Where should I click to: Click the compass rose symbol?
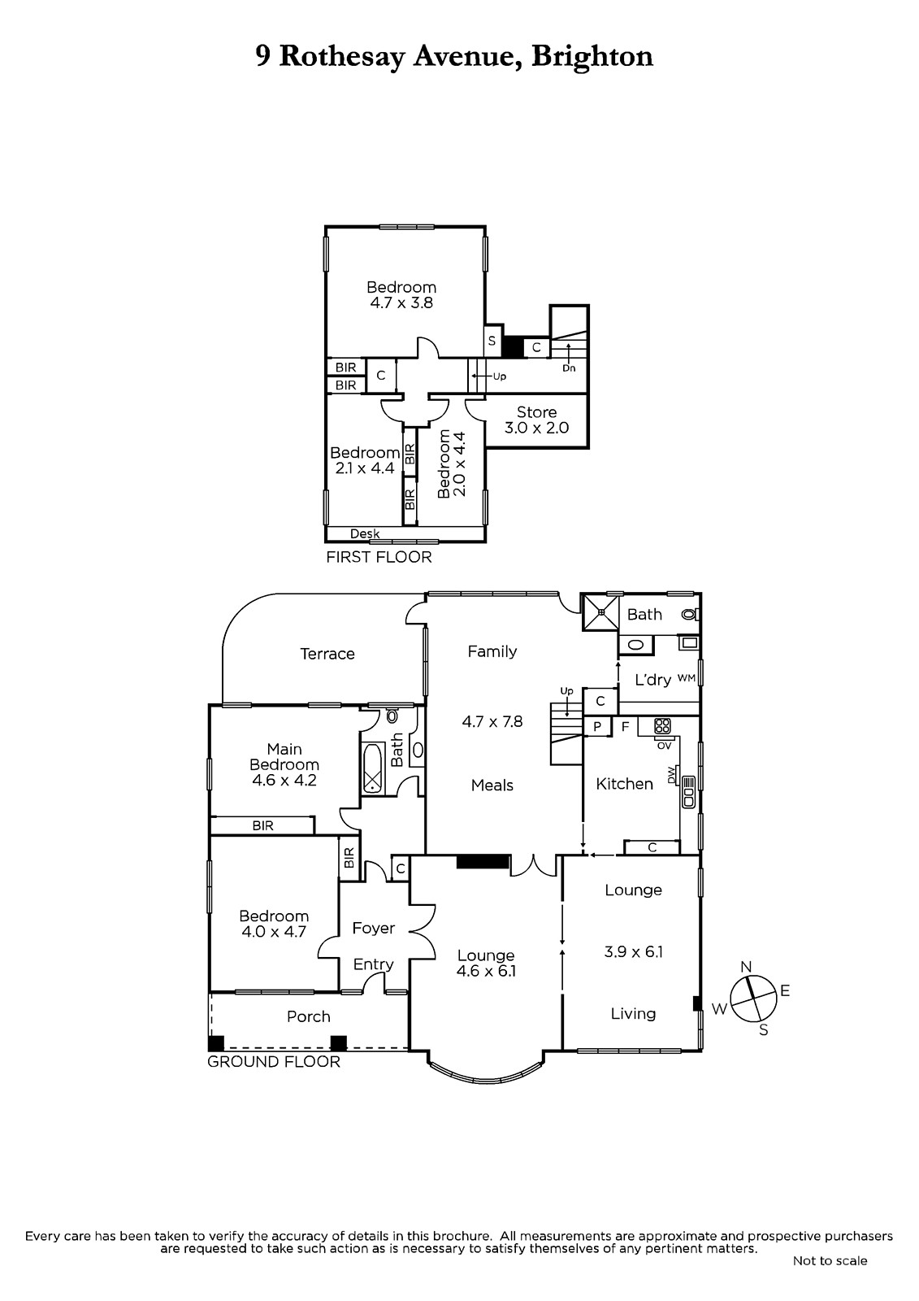[752, 999]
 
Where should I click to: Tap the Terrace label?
[327, 654]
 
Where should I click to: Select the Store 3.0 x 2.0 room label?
[536, 420]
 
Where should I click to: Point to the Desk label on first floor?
[365, 533]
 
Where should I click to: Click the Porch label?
[309, 1016]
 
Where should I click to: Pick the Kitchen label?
[625, 784]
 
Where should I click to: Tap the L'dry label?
[653, 680]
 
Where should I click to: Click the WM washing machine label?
[686, 678]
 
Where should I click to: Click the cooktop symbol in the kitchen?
[662, 726]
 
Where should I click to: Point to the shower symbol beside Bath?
[601, 611]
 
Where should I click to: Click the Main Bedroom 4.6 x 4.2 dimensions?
[284, 780]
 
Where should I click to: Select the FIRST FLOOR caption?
[379, 557]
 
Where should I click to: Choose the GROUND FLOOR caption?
[274, 1062]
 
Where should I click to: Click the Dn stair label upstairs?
[569, 368]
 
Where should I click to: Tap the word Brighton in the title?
[592, 56]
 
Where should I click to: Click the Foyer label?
[373, 928]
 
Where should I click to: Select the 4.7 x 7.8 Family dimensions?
[492, 721]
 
